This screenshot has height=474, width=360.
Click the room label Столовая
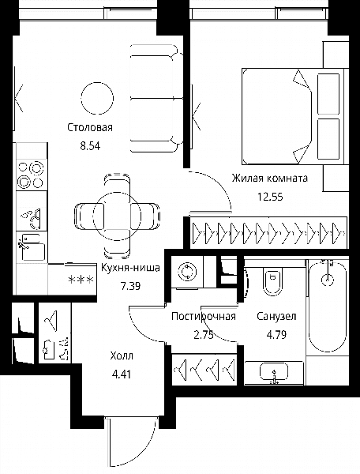90,127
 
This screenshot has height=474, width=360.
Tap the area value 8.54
90,146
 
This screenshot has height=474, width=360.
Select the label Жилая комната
270,178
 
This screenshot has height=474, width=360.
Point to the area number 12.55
270,197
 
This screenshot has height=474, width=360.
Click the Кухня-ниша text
130,267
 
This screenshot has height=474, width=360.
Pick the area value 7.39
130,286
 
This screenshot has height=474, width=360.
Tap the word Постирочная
203,316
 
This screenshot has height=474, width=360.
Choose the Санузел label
276,316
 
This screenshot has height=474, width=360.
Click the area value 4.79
276,335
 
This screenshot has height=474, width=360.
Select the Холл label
122,355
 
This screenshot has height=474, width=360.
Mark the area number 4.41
122,374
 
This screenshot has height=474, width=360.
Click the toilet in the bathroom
273,280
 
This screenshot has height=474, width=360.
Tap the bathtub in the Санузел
328,307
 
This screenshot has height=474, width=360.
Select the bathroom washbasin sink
274,372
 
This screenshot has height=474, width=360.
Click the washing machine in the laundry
187,272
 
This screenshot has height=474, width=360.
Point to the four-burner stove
32,175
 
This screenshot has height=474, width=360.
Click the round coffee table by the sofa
98,98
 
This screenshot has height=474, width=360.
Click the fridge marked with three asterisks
72,280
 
